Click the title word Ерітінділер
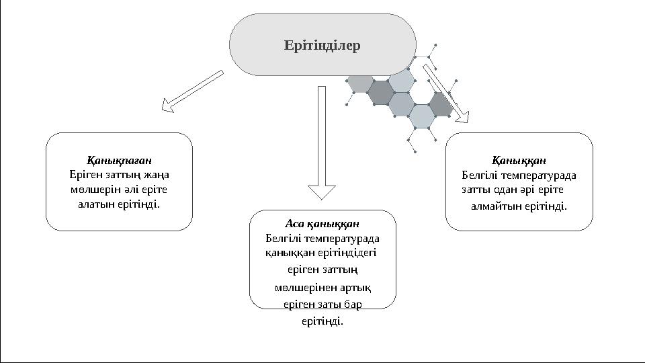(322, 45)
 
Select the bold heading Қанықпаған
(119, 161)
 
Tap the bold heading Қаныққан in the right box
(519, 161)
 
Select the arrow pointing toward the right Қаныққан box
(445, 93)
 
